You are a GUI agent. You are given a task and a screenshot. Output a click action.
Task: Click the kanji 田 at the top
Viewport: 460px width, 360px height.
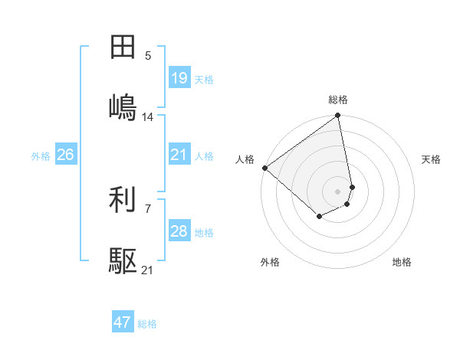(x=123, y=47)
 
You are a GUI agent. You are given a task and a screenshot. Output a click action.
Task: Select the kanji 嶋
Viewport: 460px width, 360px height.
(x=123, y=107)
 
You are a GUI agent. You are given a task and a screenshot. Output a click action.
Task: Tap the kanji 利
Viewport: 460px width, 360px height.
(x=123, y=201)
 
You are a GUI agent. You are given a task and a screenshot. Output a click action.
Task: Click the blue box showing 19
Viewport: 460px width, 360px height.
(x=179, y=78)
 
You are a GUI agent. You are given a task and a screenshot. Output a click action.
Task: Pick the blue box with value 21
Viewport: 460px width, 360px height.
(x=179, y=155)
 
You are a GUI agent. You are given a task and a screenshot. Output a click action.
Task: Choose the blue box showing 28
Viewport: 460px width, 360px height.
(x=179, y=231)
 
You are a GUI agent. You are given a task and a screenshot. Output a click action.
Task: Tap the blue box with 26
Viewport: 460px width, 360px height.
(x=66, y=155)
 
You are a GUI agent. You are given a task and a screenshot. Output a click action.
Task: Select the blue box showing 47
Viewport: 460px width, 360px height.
(x=123, y=322)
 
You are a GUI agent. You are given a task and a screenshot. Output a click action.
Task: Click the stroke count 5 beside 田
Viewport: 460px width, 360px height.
(x=148, y=55)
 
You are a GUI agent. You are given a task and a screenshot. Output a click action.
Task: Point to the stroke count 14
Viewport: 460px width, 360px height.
(x=148, y=117)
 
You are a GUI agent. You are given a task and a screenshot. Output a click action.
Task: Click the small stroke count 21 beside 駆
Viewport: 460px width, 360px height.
(x=148, y=270)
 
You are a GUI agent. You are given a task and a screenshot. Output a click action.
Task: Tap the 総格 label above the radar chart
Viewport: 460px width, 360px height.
(x=338, y=100)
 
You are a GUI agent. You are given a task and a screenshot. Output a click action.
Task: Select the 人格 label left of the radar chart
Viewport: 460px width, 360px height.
(x=245, y=159)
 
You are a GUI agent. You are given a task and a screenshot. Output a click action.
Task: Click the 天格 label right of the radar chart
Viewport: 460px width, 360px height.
(x=431, y=159)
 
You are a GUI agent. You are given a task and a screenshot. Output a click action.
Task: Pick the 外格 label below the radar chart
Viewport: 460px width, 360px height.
(x=270, y=262)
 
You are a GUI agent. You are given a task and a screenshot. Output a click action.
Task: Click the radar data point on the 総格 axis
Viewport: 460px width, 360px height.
(x=338, y=116)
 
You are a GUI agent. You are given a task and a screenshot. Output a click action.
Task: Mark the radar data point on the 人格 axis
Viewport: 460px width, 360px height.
(x=264, y=168)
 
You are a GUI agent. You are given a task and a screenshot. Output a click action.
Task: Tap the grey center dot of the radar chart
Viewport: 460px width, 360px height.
(x=338, y=191)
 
